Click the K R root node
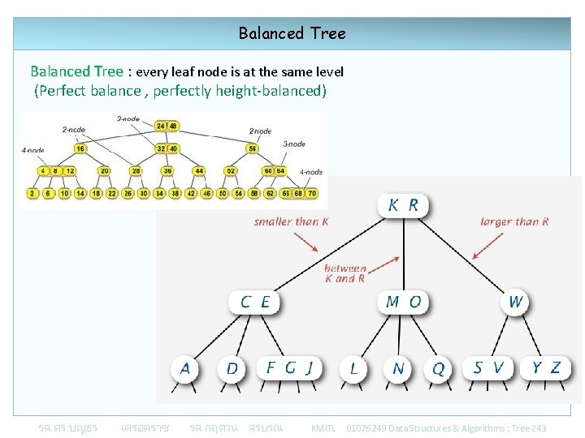[x=403, y=205]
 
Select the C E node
[x=254, y=303]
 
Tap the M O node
[x=403, y=303]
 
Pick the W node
[x=515, y=303]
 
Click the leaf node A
[x=185, y=369]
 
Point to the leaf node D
[x=232, y=369]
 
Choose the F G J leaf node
[x=288, y=368]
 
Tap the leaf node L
[x=353, y=369]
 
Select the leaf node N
[x=397, y=369]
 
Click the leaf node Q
[x=438, y=369]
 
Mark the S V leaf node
[x=488, y=368]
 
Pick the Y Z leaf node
[x=545, y=368]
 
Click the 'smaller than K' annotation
[x=291, y=221]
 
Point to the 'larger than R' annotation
[x=514, y=221]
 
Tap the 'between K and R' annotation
[x=345, y=273]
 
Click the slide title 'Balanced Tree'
[x=292, y=33]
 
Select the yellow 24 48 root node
[x=167, y=126]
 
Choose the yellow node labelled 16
[x=80, y=148]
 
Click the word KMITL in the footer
[x=323, y=427]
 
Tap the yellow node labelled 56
[x=253, y=148]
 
